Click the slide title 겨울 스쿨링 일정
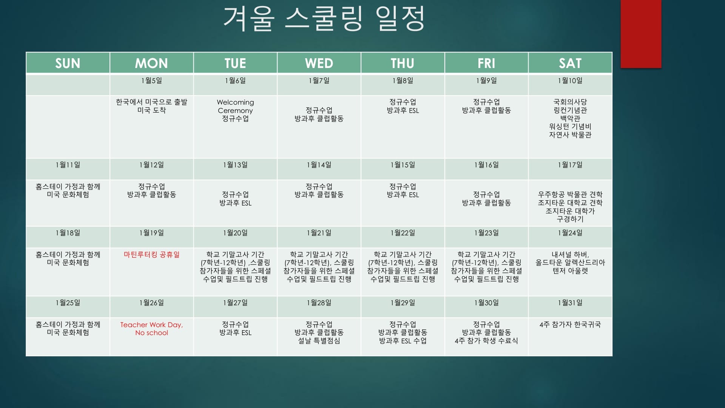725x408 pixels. coord(324,19)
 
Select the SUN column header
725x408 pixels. coord(68,63)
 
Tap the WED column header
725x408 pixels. coord(319,63)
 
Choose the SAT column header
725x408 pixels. coord(570,63)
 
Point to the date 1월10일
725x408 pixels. coord(570,80)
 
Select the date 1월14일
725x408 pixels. coord(319,165)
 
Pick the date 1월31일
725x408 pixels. coord(570,303)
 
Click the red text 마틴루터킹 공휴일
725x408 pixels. coord(151,255)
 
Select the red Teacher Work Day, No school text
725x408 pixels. coord(151,329)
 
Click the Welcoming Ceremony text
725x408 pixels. coord(235,106)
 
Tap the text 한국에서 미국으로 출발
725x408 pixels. coord(151,102)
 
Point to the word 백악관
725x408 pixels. coord(570,118)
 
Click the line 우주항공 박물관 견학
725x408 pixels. coord(570,195)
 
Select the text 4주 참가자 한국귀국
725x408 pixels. coord(570,325)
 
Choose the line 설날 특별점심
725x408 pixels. coord(319,341)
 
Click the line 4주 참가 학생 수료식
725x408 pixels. coord(486,341)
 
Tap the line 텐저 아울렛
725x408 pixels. coord(570,271)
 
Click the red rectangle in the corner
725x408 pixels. coord(641,34)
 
